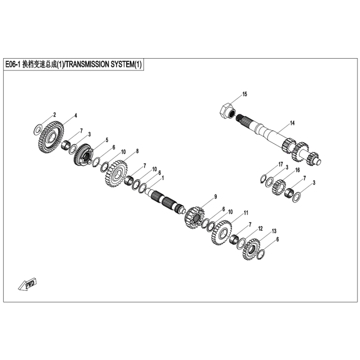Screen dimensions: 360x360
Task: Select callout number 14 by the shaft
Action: pos(292,123)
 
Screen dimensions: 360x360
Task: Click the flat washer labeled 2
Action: pos(38,130)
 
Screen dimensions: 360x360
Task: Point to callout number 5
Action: pos(107,140)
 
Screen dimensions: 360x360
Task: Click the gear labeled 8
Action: pos(116,173)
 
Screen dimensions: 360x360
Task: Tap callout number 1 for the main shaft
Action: pos(163,178)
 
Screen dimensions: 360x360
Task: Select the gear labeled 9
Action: pos(194,217)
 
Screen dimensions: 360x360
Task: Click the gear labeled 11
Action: pos(222,232)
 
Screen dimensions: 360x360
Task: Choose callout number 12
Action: pos(260,229)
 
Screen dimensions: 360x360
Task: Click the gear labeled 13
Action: pos(251,249)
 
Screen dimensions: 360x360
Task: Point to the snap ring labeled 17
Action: pos(263,178)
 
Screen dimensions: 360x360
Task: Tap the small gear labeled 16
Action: pos(279,187)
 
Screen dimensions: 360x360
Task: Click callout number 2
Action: pos(55,115)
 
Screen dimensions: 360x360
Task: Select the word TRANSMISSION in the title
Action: pos(88,64)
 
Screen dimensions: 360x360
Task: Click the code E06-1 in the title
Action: pos(13,64)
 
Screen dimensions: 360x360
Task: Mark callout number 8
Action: pos(137,151)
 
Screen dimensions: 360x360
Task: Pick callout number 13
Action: pos(274,231)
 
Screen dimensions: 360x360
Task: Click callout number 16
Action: pos(298,170)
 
